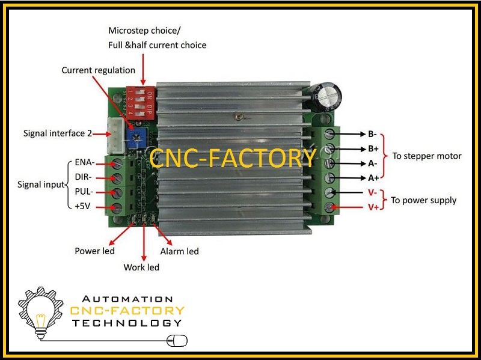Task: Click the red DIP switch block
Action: pyautogui.click(x=141, y=103)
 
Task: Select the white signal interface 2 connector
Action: pyautogui.click(x=115, y=136)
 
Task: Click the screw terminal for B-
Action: pyautogui.click(x=329, y=133)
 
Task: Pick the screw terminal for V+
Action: pyautogui.click(x=329, y=207)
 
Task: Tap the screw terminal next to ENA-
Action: pyautogui.click(x=117, y=163)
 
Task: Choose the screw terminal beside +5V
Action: pyautogui.click(x=117, y=207)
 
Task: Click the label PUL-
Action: pyautogui.click(x=84, y=192)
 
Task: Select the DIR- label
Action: pyautogui.click(x=83, y=177)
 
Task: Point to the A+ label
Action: pyautogui.click(x=373, y=178)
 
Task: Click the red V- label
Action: pyautogui.click(x=372, y=192)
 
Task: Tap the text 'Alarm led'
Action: pyautogui.click(x=179, y=251)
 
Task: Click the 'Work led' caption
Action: pyautogui.click(x=141, y=267)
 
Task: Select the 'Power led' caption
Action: pyautogui.click(x=94, y=251)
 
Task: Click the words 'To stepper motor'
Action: pyautogui.click(x=427, y=156)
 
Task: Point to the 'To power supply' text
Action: pyautogui.click(x=424, y=201)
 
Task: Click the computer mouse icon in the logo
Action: pyautogui.click(x=177, y=341)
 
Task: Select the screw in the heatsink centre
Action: pyautogui.click(x=239, y=117)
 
